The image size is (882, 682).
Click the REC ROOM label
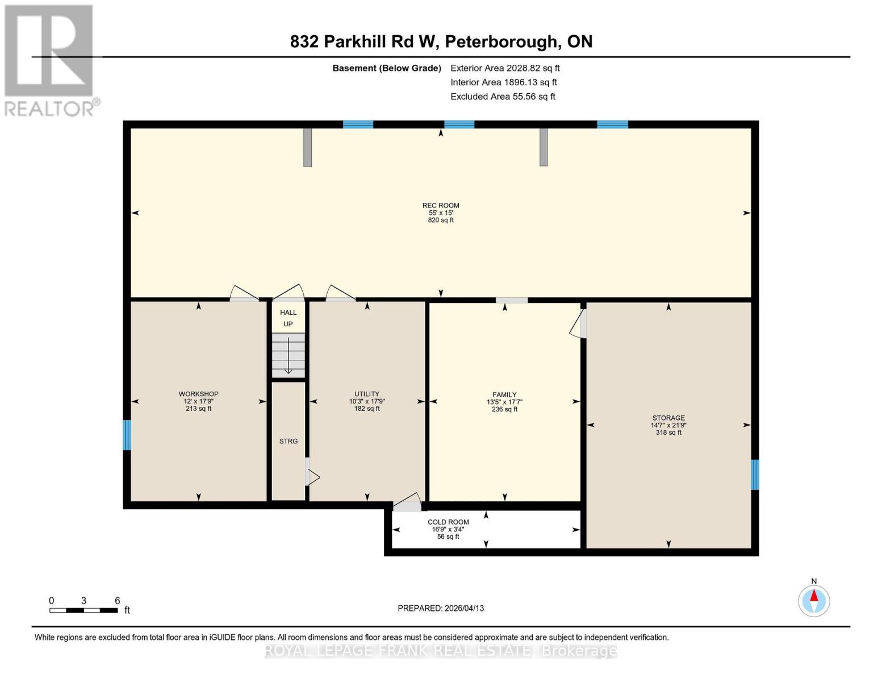click(441, 206)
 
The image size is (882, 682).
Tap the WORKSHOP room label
click(198, 394)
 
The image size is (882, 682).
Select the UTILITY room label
click(367, 394)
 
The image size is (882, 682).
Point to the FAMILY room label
click(504, 394)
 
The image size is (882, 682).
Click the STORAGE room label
click(668, 418)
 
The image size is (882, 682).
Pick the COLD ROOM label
click(448, 522)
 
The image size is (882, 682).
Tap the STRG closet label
click(289, 441)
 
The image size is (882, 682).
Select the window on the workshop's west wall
click(127, 435)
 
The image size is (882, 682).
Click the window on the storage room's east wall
click(755, 475)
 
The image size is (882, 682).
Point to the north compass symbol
click(814, 600)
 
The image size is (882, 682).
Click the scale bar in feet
click(83, 610)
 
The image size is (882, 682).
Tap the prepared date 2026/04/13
click(441, 608)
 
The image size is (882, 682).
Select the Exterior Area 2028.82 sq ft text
click(505, 68)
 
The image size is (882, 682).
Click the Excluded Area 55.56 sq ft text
click(503, 97)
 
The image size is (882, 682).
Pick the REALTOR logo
click(51, 60)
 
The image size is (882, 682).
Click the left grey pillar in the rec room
click(307, 147)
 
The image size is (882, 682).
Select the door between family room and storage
click(580, 324)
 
